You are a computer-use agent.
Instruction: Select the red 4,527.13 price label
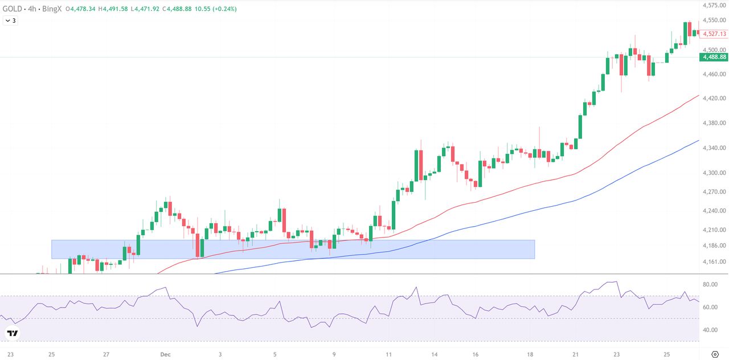(714, 34)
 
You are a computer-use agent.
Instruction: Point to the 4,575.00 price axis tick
(714, 6)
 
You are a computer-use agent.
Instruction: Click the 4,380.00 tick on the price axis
(714, 123)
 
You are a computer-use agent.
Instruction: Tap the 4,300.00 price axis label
(714, 173)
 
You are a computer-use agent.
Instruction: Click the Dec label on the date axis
(166, 354)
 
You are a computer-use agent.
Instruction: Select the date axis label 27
(107, 354)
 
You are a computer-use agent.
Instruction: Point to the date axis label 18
(530, 354)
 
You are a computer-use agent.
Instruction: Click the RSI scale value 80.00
(710, 284)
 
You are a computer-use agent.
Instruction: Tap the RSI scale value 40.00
(710, 330)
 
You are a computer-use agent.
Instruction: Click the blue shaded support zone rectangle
(293, 249)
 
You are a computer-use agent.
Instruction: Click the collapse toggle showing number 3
(10, 21)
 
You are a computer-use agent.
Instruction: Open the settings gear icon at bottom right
(715, 354)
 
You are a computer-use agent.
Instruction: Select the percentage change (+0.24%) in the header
(225, 9)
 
